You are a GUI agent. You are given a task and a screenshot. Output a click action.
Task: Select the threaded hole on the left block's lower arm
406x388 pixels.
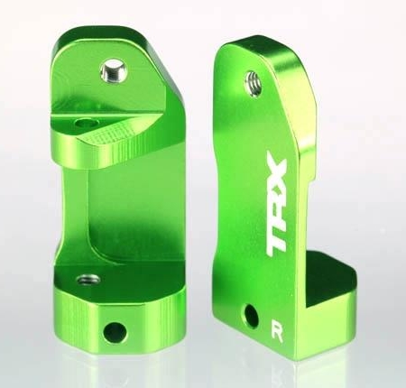click(86, 280)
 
